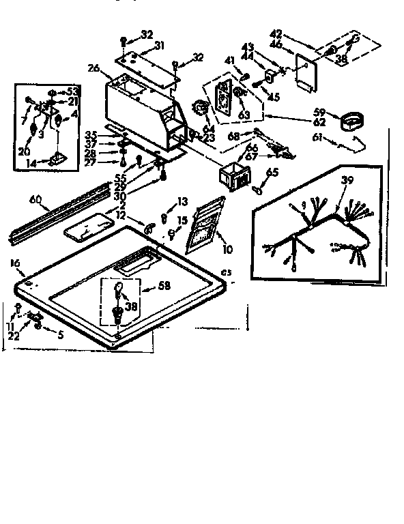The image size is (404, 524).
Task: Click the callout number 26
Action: tap(94, 68)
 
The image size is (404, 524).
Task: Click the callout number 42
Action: tap(276, 32)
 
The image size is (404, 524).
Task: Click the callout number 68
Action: tap(234, 137)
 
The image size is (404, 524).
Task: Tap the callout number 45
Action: tap(274, 97)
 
